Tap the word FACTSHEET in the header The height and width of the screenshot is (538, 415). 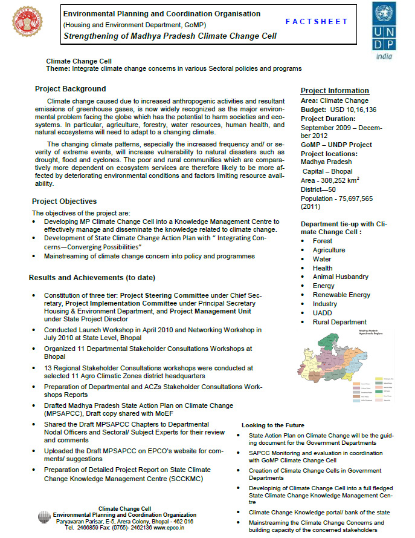317,21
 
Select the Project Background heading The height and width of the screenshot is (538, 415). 70,88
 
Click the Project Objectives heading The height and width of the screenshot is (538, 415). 64,202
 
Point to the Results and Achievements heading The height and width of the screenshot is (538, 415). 92,278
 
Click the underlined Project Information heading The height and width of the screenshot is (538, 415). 335,91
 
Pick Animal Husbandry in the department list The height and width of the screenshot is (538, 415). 340,277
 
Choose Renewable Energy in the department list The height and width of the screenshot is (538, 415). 341,295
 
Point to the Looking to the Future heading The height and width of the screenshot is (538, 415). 273,425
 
